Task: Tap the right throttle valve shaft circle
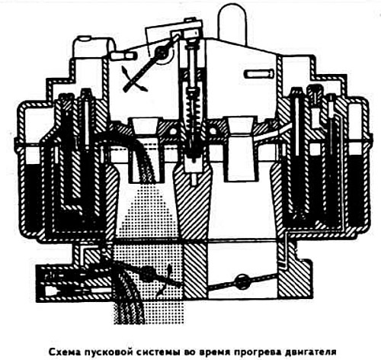pos(242,281)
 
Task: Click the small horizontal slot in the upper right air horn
pos(259,74)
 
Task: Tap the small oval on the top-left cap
pos(84,39)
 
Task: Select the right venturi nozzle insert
pos(241,149)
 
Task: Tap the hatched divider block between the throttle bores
pos(195,270)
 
